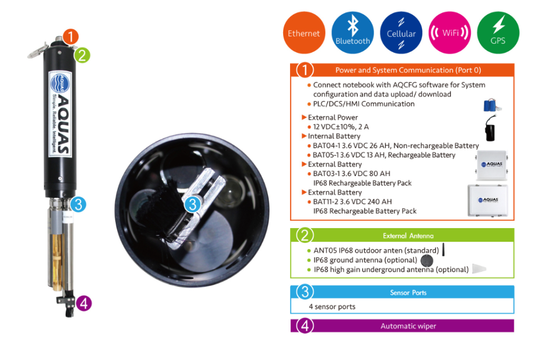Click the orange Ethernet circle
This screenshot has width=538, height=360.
(x=304, y=33)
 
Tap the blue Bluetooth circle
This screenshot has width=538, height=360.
(x=353, y=33)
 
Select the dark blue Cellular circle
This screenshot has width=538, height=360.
(x=401, y=33)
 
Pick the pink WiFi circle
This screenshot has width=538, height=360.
(x=450, y=33)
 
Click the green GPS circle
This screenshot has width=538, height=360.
(x=498, y=33)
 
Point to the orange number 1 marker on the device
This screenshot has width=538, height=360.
(x=70, y=37)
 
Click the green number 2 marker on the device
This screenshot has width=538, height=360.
(x=82, y=55)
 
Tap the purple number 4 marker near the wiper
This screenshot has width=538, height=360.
(x=84, y=303)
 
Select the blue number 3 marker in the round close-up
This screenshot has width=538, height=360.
(x=192, y=204)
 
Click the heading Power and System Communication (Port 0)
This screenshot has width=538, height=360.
(x=408, y=70)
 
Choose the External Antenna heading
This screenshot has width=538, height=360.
(x=408, y=236)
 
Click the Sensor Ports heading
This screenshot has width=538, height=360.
(x=408, y=293)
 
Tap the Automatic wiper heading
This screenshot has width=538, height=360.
(x=408, y=326)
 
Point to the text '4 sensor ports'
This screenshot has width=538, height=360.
(x=332, y=306)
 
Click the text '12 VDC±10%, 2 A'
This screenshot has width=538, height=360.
(x=340, y=127)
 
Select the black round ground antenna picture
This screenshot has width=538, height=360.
(x=427, y=261)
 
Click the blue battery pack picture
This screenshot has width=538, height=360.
(x=491, y=105)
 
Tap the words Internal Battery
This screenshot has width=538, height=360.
(x=334, y=136)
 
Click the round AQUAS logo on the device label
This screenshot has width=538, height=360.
(x=60, y=84)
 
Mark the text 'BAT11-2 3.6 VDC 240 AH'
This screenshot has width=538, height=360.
(x=352, y=202)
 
